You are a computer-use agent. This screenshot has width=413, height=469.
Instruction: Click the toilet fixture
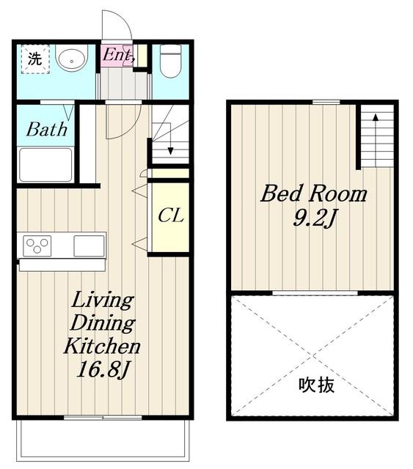170,61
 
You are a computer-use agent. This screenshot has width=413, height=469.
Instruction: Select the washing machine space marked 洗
35,59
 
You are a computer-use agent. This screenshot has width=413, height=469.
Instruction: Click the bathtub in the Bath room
45,164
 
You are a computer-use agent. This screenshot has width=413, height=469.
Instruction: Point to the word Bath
47,130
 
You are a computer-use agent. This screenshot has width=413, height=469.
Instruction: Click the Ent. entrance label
117,56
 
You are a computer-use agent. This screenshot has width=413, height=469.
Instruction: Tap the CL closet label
171,215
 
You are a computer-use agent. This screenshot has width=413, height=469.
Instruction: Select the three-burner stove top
37,245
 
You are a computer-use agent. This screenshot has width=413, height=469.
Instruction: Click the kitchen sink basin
89,245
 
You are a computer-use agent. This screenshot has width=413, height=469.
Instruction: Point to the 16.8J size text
103,370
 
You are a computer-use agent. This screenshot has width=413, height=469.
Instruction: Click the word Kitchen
102,346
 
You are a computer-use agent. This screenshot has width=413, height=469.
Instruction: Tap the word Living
103,300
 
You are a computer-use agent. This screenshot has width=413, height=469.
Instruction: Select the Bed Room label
314,193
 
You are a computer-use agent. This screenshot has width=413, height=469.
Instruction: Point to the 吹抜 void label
316,385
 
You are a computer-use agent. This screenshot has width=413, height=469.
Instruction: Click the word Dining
103,323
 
